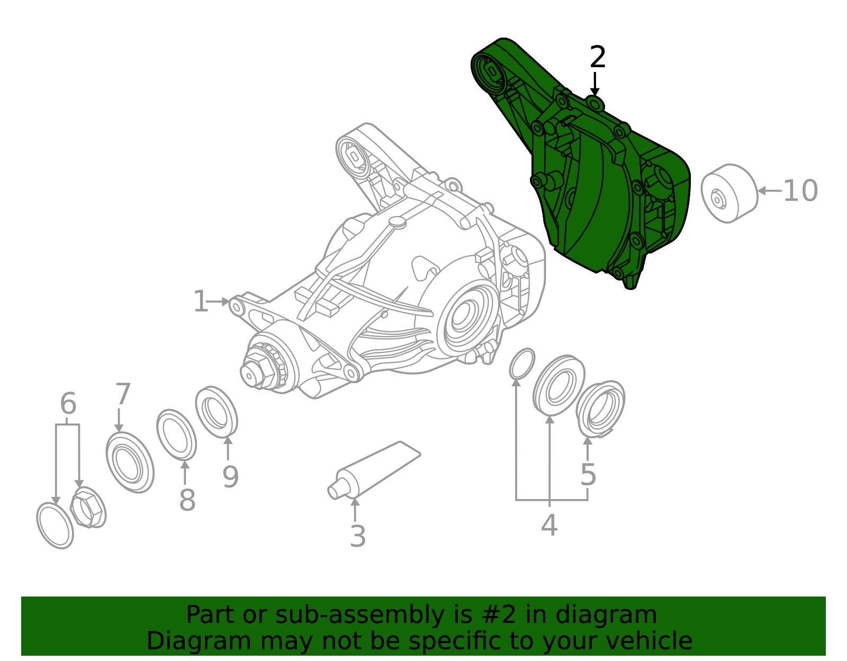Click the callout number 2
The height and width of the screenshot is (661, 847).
[598, 57]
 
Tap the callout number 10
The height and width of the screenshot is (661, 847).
[800, 191]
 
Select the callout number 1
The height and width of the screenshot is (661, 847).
[201, 302]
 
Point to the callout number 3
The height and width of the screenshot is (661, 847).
[358, 537]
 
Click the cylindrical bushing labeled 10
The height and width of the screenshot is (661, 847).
[729, 193]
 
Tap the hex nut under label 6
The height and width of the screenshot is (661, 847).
[88, 508]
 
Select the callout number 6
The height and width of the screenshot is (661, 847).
[68, 404]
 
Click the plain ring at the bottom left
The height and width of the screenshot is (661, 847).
[55, 525]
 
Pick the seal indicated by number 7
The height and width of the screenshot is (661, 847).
[130, 463]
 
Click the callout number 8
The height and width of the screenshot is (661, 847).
[187, 500]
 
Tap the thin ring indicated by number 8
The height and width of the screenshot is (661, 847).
[176, 434]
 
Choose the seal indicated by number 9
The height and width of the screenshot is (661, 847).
[216, 412]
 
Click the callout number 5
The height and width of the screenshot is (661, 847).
[588, 475]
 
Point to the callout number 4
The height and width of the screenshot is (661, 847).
[549, 526]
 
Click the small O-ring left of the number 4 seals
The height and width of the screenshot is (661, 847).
[522, 364]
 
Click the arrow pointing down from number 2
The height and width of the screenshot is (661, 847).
[595, 85]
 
